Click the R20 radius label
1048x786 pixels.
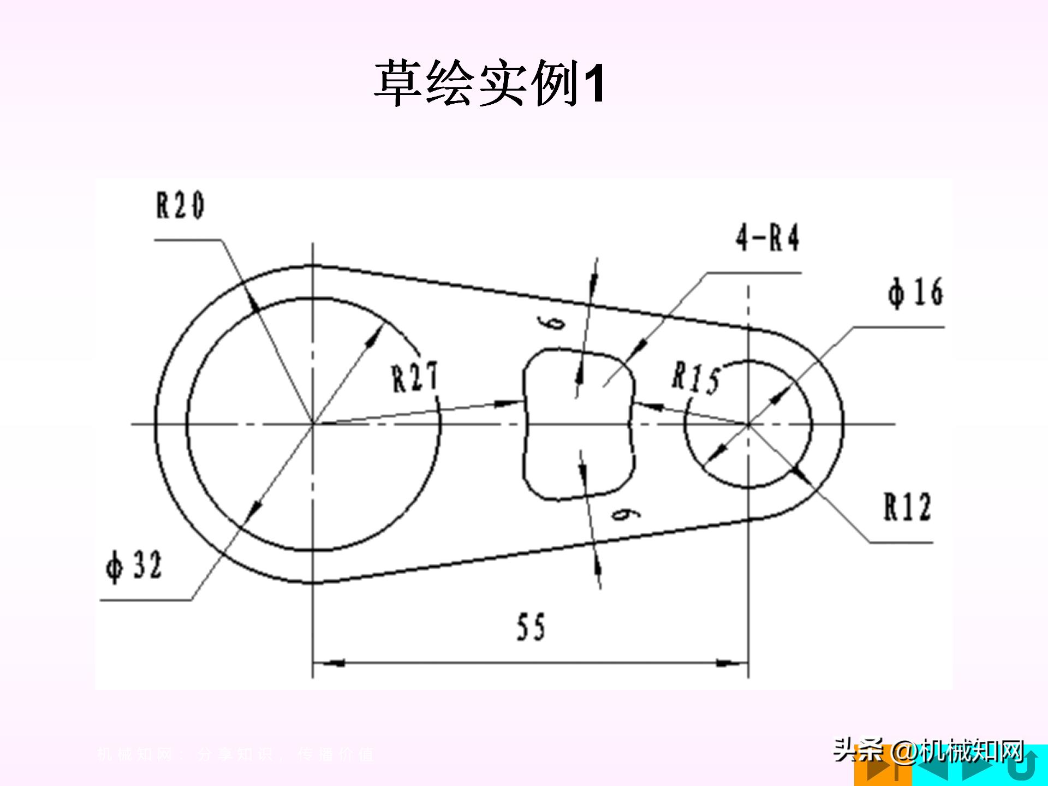point(180,206)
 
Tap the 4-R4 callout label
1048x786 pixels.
point(767,238)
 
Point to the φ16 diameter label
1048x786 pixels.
point(915,293)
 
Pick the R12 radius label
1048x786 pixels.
point(907,507)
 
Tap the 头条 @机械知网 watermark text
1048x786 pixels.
point(928,752)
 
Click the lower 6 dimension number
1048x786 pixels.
point(626,514)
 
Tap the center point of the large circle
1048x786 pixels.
point(312,424)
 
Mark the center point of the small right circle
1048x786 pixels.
point(748,424)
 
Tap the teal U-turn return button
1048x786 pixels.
point(1024,766)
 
